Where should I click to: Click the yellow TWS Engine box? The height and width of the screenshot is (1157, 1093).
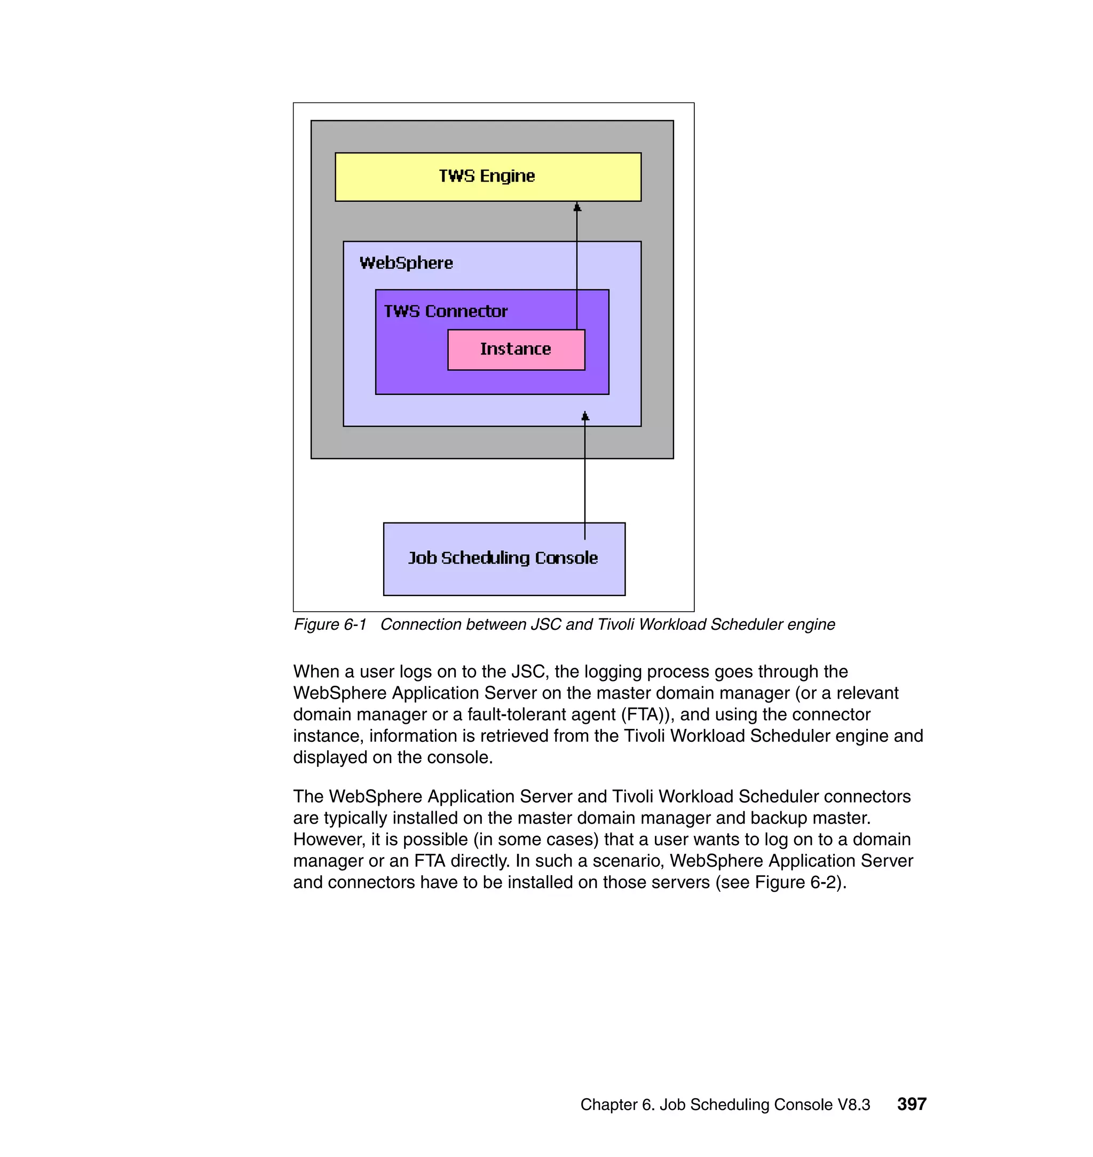[488, 177]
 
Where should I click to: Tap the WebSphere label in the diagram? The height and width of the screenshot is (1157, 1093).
[406, 263]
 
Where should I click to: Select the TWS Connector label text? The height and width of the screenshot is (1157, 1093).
[446, 312]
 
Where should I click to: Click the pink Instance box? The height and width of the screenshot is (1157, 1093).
[516, 350]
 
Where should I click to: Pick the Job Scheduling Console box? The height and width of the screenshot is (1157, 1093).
[503, 559]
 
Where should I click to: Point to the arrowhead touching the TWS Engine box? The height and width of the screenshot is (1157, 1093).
[577, 208]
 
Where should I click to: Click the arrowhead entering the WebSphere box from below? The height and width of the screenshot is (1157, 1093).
[585, 416]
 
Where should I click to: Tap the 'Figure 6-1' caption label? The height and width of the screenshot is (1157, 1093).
[330, 624]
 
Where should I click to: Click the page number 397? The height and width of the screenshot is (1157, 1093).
[911, 1104]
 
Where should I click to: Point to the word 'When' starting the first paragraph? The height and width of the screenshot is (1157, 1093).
[316, 672]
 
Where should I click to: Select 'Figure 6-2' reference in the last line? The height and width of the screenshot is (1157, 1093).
[798, 883]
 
